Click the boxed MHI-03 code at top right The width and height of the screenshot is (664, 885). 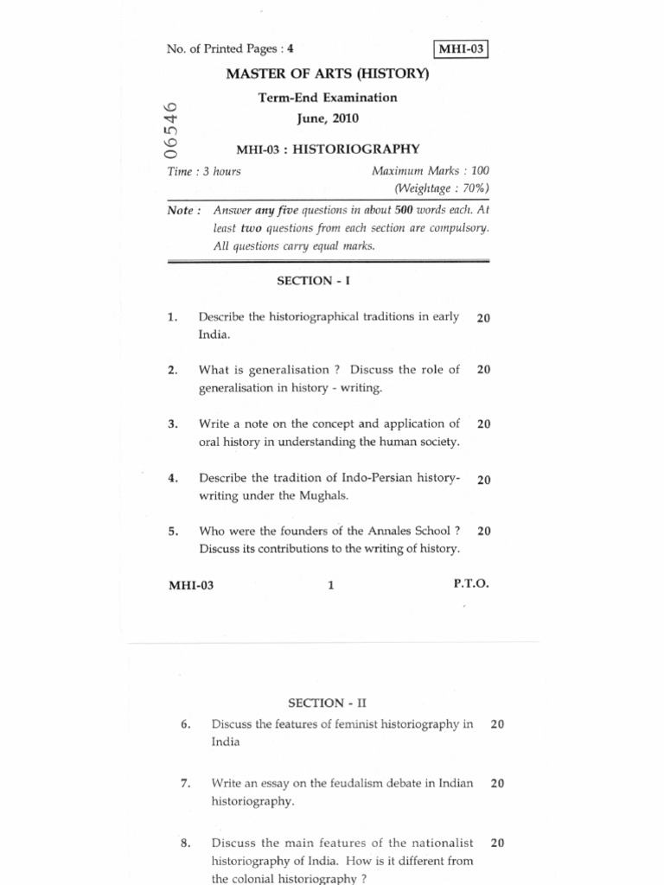pyautogui.click(x=463, y=49)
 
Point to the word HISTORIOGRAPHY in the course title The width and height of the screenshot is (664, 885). pyautogui.click(x=355, y=149)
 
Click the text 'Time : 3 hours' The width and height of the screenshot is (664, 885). pyautogui.click(x=204, y=171)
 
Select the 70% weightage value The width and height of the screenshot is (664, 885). pyautogui.click(x=471, y=188)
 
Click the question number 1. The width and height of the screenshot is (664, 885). pyautogui.click(x=173, y=317)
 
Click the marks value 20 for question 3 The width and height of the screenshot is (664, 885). pyautogui.click(x=483, y=424)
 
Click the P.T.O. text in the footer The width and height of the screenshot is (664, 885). pyautogui.click(x=471, y=584)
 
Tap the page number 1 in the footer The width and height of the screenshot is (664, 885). pyautogui.click(x=330, y=585)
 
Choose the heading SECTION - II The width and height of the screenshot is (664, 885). pyautogui.click(x=316, y=703)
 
